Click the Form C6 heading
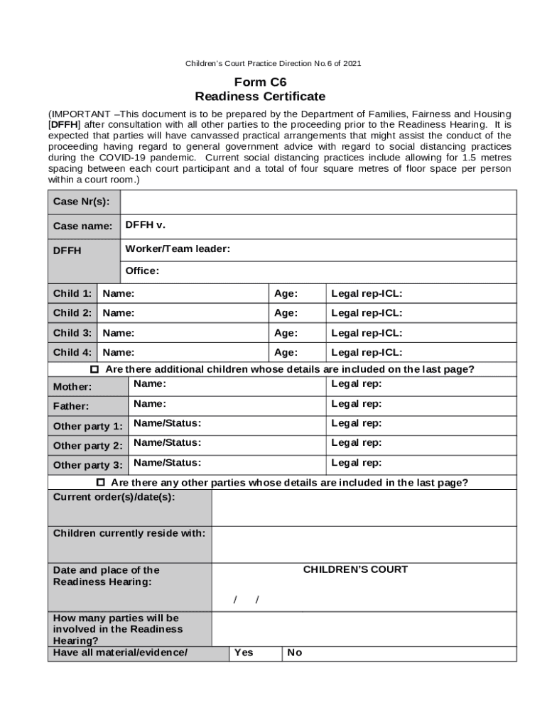click(260, 82)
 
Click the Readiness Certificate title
click(260, 96)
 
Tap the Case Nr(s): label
click(81, 202)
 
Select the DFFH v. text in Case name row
click(145, 224)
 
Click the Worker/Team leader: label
click(178, 248)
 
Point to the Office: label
click(142, 270)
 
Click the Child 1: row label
click(72, 293)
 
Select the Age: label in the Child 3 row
click(286, 332)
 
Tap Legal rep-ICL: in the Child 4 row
click(367, 352)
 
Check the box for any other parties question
click(100, 483)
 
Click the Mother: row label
click(72, 387)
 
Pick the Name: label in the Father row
click(150, 403)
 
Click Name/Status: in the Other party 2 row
click(167, 442)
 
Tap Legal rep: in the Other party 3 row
click(356, 462)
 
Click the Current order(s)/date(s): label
click(114, 497)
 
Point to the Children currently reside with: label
click(129, 533)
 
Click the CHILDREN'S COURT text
click(355, 569)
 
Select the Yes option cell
click(244, 652)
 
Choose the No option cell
click(294, 652)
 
